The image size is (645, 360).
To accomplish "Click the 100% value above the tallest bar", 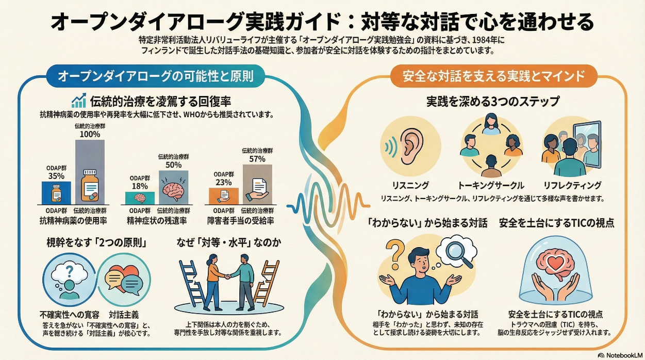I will pyautogui.click(x=90, y=134).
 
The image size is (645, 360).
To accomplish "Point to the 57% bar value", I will pyautogui.click(x=257, y=159).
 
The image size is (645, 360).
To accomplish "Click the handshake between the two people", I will pyautogui.click(x=227, y=276).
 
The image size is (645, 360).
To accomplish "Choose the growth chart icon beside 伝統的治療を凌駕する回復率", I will pyautogui.click(x=79, y=101).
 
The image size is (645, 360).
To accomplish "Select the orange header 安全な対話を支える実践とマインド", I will pyautogui.click(x=494, y=76).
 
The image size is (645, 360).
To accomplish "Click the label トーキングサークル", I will pyautogui.click(x=490, y=185).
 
